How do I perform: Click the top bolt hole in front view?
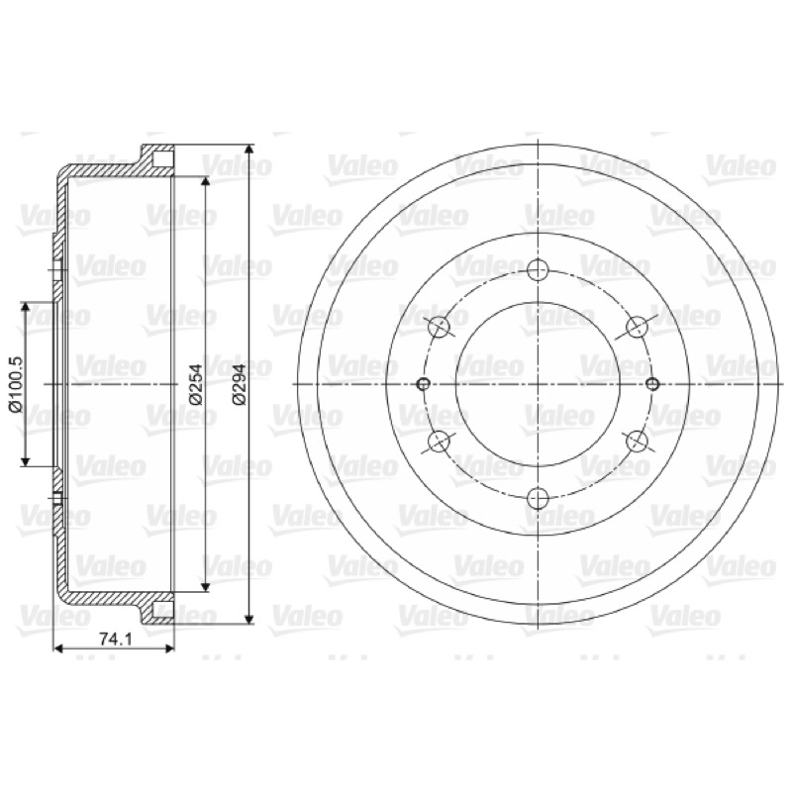point(538,269)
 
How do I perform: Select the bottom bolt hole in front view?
point(538,499)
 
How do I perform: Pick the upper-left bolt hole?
point(439,328)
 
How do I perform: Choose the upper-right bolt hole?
point(637,327)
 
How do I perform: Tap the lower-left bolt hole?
point(439,442)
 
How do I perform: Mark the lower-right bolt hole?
point(637,442)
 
